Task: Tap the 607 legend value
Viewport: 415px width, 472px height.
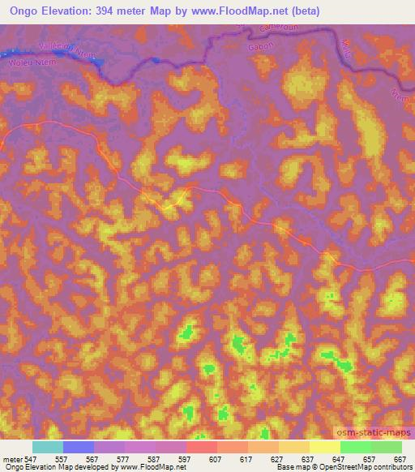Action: coord(215,459)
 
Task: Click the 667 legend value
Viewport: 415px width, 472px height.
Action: coord(399,459)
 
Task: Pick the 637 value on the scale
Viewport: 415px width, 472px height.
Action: coord(307,459)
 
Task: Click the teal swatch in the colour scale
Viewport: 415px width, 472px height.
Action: coord(47,447)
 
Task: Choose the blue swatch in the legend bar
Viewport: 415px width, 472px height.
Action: coord(78,447)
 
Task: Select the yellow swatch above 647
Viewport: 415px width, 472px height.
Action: coord(324,447)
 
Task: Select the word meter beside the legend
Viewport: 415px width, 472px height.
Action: coord(11,459)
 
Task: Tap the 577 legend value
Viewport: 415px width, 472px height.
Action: coord(123,459)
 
